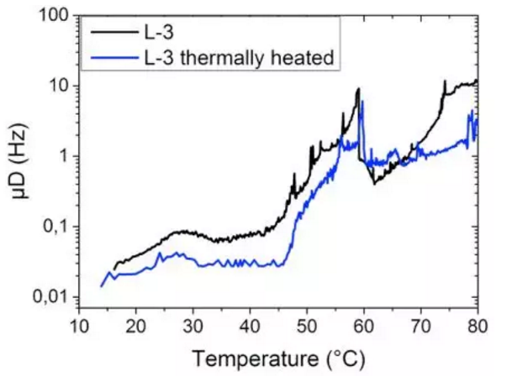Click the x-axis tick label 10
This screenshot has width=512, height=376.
[79, 326]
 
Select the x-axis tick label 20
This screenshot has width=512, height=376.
[136, 326]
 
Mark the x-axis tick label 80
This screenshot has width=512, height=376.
[477, 326]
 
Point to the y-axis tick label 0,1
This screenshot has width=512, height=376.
[57, 227]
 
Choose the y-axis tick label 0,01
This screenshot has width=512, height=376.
[53, 297]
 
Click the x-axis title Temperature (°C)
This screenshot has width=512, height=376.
[277, 358]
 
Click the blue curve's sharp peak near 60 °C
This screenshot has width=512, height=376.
[362, 104]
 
